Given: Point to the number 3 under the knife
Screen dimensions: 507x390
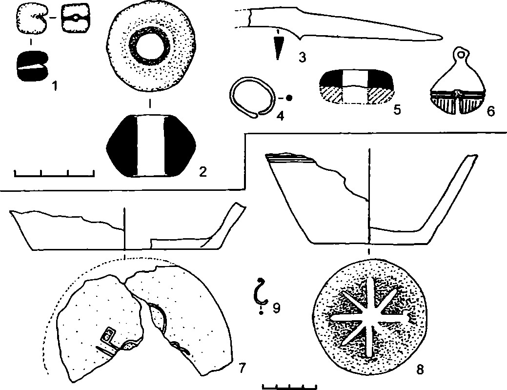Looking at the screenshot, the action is pos(302,58).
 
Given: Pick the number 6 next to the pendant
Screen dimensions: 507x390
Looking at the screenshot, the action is pos(490,111).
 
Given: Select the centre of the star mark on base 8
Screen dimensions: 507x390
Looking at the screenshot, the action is pos(366,317).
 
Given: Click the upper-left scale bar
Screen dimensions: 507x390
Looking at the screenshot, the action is pos(54,172).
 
